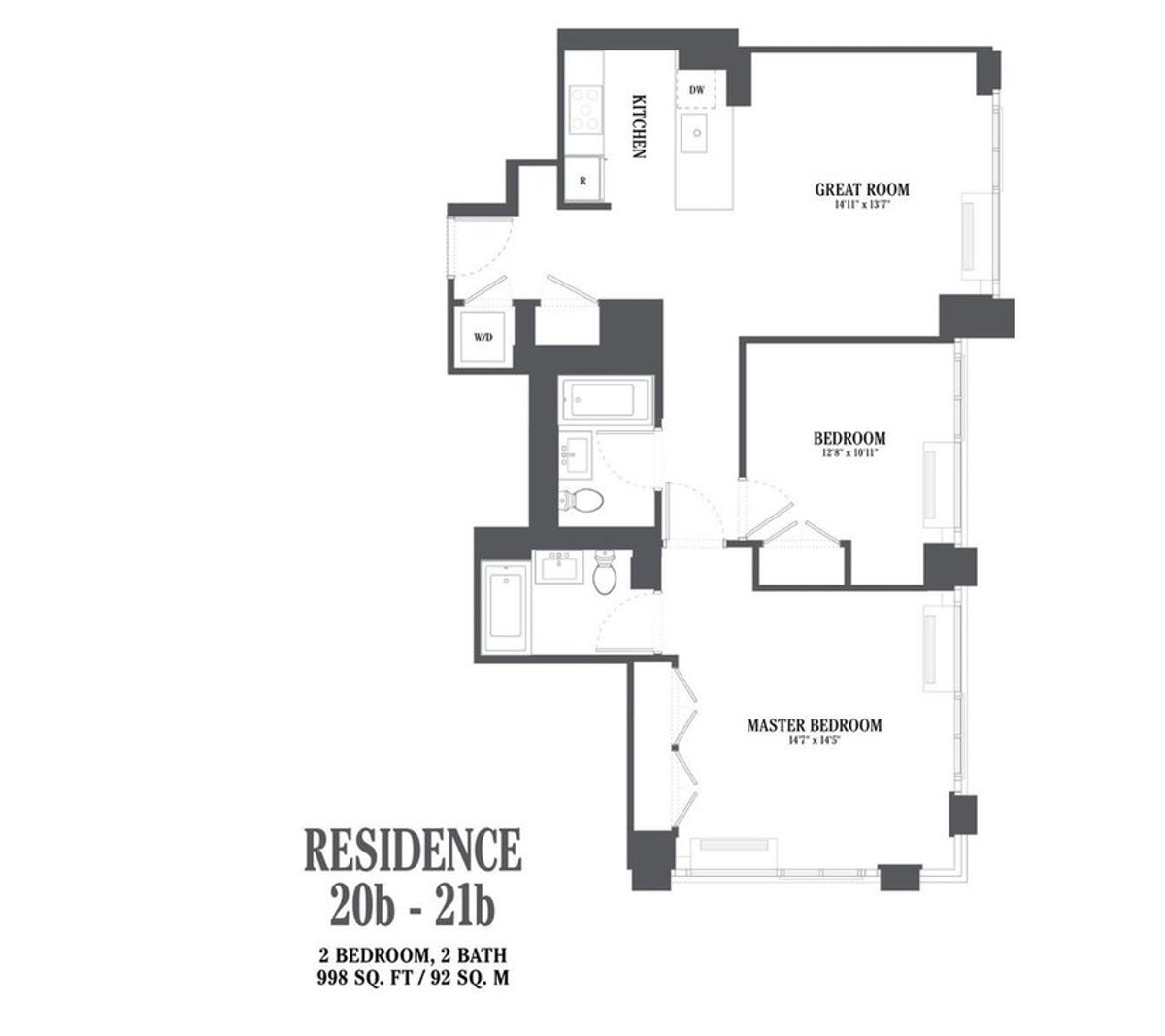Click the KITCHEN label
tap(639, 127)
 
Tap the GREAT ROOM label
tap(862, 189)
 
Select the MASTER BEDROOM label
tap(814, 724)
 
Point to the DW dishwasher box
tap(696, 90)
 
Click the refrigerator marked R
tap(583, 181)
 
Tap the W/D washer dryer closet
tap(483, 338)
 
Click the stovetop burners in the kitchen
tap(585, 110)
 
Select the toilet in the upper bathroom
tap(583, 501)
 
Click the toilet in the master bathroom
tap(604, 572)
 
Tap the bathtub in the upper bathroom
tap(609, 398)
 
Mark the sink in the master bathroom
tap(559, 567)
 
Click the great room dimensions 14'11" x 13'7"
tap(862, 206)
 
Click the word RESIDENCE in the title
tap(414, 851)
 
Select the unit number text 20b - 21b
tap(414, 910)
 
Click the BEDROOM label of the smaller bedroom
tap(849, 437)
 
